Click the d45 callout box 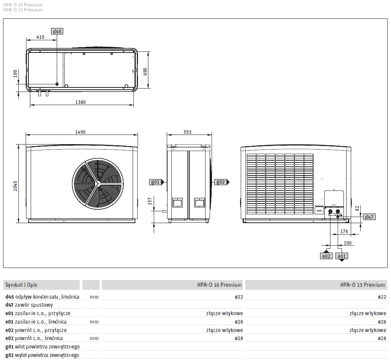pyautogui.click(x=57, y=31)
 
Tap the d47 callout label pyautogui.click(x=369, y=217)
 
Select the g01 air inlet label pyautogui.click(x=155, y=182)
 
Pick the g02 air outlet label pyautogui.click(x=220, y=182)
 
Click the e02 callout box pyautogui.click(x=326, y=256)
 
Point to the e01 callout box pyautogui.click(x=342, y=256)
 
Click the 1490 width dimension pyautogui.click(x=80, y=132)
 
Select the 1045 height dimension pyautogui.click(x=15, y=186)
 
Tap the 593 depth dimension pyautogui.click(x=187, y=132)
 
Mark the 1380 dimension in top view pyautogui.click(x=80, y=102)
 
